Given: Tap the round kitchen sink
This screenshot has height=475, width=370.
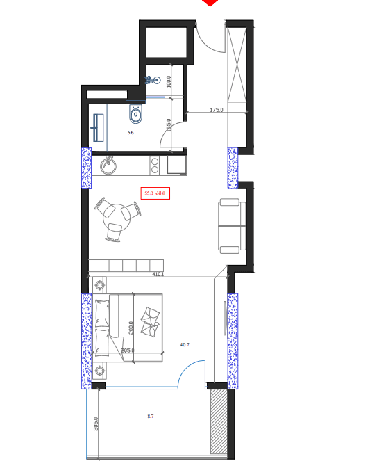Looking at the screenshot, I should click(x=108, y=166).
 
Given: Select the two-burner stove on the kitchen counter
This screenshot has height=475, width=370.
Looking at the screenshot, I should click(x=155, y=165).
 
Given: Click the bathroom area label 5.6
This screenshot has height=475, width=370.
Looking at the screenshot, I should click(x=130, y=132).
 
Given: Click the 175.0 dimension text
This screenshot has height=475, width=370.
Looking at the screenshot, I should click(x=217, y=110).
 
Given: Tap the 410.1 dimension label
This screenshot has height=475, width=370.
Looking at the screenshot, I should click(x=158, y=274).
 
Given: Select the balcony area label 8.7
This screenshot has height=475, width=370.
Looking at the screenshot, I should click(x=150, y=416).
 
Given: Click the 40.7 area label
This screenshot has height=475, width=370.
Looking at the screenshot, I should click(x=185, y=344).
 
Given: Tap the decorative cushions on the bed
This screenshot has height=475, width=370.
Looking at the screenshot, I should click(x=151, y=321).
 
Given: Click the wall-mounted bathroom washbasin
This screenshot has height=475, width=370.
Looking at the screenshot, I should click(x=98, y=128).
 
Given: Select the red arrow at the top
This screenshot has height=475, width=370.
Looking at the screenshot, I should click(x=210, y=3).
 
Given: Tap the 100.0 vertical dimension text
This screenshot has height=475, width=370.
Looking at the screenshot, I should click(x=168, y=81).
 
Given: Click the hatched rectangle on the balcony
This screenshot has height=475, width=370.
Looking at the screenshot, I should click(x=219, y=422).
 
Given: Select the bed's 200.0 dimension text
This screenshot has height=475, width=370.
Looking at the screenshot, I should click(x=130, y=328).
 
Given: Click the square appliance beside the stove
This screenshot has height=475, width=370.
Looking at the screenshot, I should click(x=175, y=165).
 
